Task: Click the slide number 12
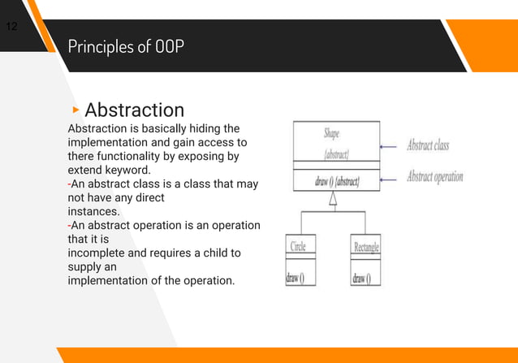12,27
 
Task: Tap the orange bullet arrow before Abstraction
76,109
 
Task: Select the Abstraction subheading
134,110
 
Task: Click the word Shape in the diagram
331,132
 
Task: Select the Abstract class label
427,146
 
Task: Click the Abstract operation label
434,176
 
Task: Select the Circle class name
298,247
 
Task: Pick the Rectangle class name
365,247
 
